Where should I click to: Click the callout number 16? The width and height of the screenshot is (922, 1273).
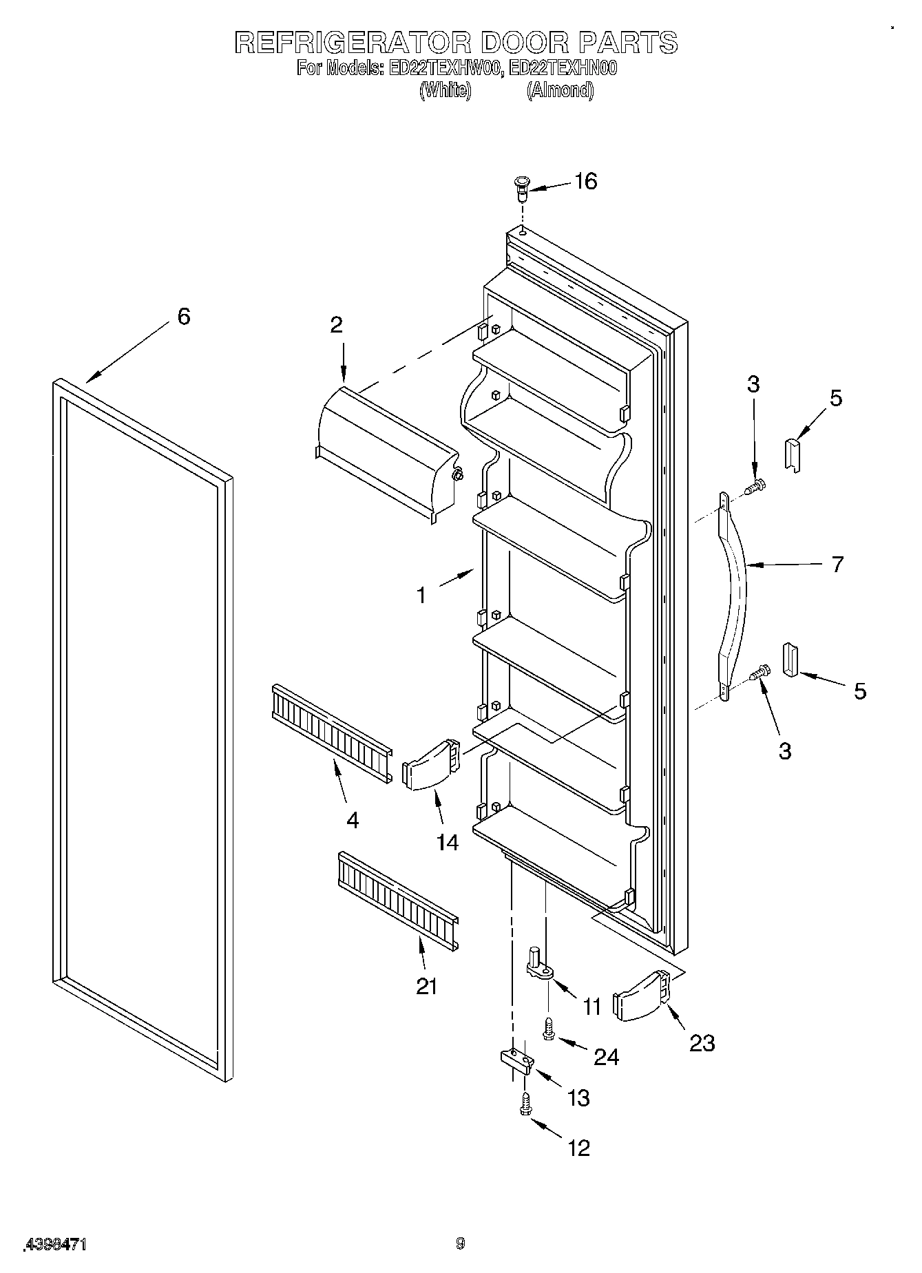(x=585, y=182)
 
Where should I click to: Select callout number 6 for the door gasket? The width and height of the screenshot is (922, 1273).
(x=183, y=317)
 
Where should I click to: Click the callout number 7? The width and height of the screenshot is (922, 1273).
(x=837, y=565)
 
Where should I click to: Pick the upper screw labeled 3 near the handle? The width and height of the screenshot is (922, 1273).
(x=757, y=487)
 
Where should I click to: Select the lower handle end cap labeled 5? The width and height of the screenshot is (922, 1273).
(x=789, y=660)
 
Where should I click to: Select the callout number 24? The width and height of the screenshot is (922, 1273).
(x=606, y=1056)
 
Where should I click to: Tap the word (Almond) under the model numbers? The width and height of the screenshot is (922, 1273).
(x=560, y=90)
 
